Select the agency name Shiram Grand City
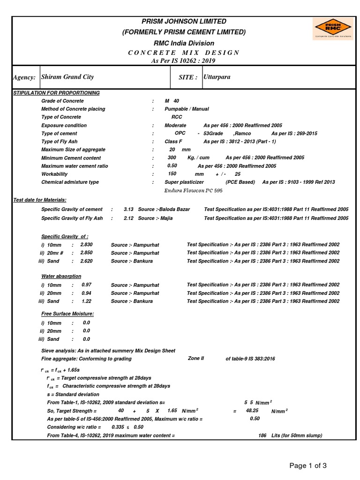point(67,77)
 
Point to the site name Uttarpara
point(217,76)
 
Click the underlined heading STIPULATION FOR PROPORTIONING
point(56,93)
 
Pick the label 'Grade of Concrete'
point(62,101)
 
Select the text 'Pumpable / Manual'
point(187,109)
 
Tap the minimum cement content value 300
point(172,158)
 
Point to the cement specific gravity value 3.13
point(129,209)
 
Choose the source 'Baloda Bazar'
point(174,209)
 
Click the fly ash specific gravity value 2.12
point(129,218)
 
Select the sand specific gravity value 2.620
point(87,261)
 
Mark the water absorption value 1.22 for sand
point(87,301)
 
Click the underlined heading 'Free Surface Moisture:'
point(67,314)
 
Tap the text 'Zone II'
point(196,358)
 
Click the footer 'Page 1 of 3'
point(307,465)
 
